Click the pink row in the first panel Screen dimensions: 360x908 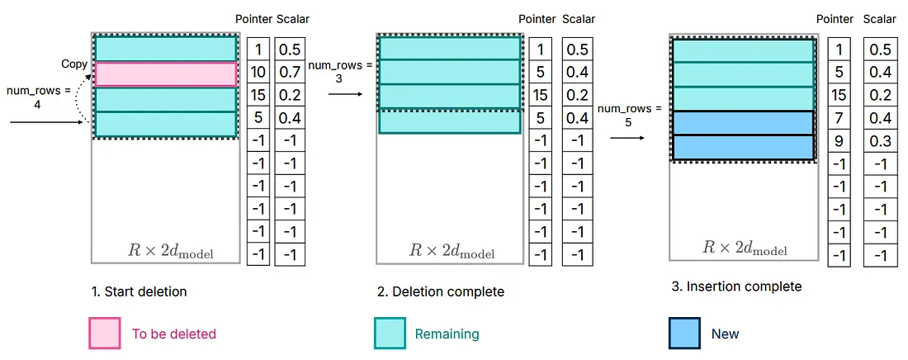tap(166, 74)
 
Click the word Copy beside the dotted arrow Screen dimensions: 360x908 tap(74, 64)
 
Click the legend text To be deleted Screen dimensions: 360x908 tap(174, 334)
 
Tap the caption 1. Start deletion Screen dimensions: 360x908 tap(140, 291)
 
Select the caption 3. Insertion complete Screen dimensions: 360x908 tap(736, 287)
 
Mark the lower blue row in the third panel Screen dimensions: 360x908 tap(744, 147)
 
